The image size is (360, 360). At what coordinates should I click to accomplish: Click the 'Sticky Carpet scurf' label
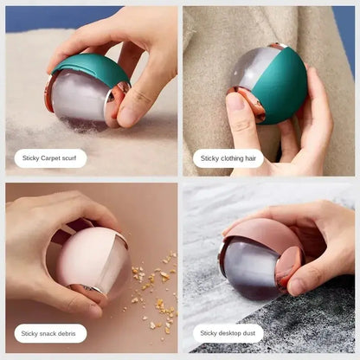(x=50, y=158)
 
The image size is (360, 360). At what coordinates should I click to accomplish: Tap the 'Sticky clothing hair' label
(x=228, y=158)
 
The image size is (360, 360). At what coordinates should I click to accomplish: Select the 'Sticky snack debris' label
(x=50, y=332)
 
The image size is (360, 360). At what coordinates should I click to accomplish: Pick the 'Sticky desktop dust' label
(x=231, y=332)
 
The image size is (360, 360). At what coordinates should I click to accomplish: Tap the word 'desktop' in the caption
(x=233, y=332)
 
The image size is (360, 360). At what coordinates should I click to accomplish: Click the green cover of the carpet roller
(x=90, y=66)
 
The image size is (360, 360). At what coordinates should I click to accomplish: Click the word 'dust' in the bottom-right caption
(x=253, y=332)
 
